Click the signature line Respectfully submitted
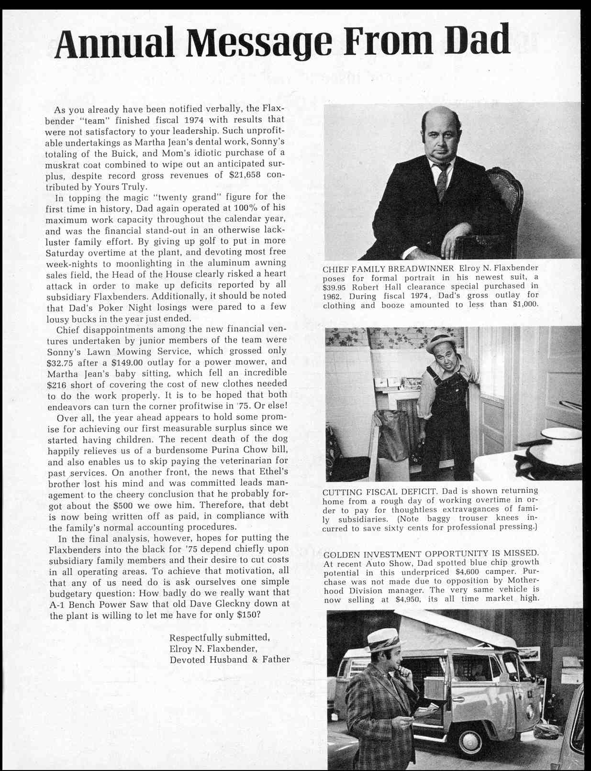click(220, 638)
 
